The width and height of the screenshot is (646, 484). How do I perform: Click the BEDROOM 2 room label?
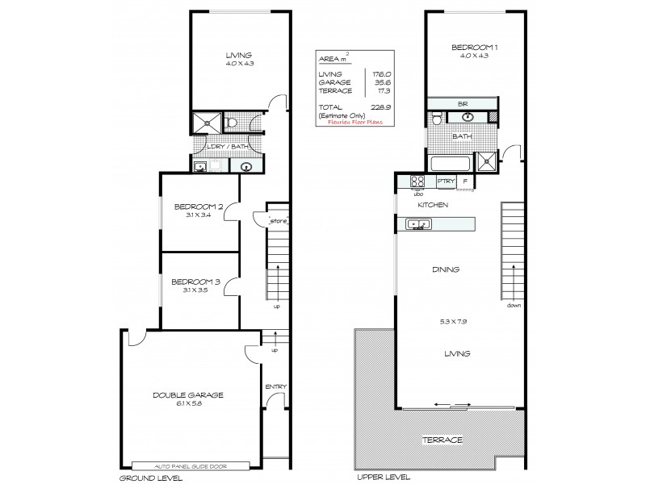tap(195, 207)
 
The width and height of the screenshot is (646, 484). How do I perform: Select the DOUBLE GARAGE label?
tap(188, 394)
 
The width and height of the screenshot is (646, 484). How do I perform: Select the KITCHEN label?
tap(433, 207)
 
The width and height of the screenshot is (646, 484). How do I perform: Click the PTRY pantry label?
tap(444, 182)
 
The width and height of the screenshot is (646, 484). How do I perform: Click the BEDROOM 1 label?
tap(475, 48)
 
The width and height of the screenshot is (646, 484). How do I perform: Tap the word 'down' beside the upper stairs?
tap(514, 306)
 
